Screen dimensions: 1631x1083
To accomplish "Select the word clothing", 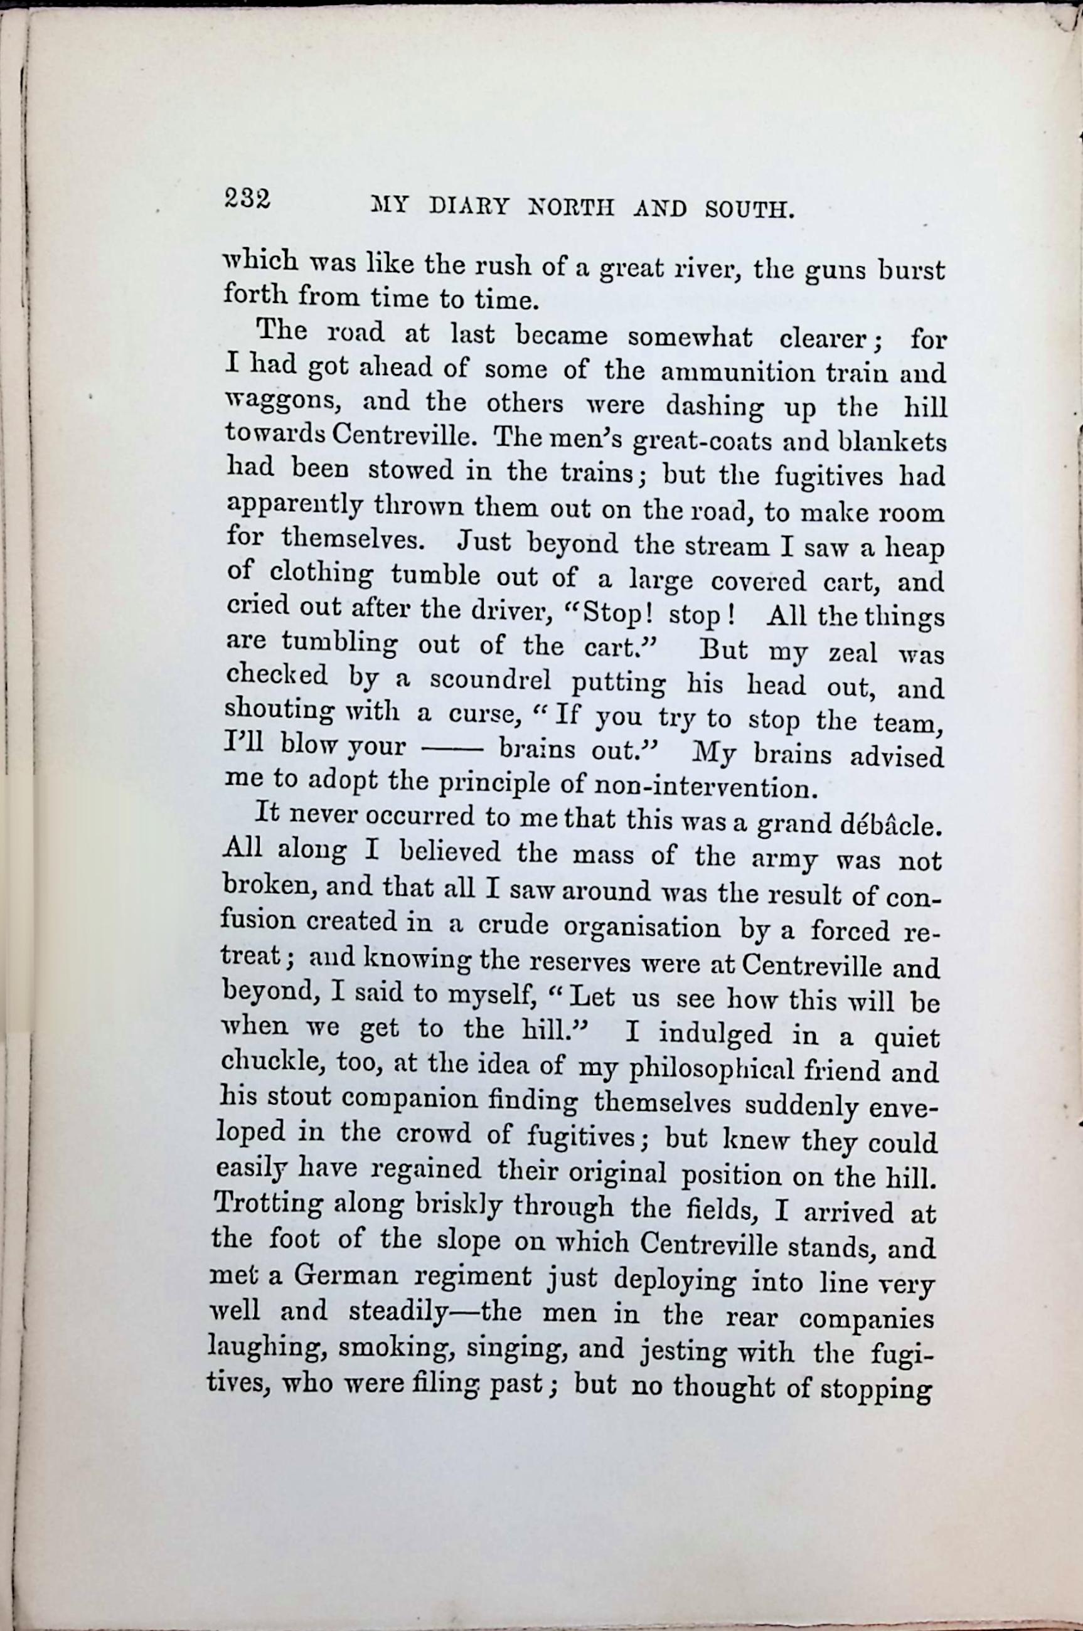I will click(322, 575).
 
